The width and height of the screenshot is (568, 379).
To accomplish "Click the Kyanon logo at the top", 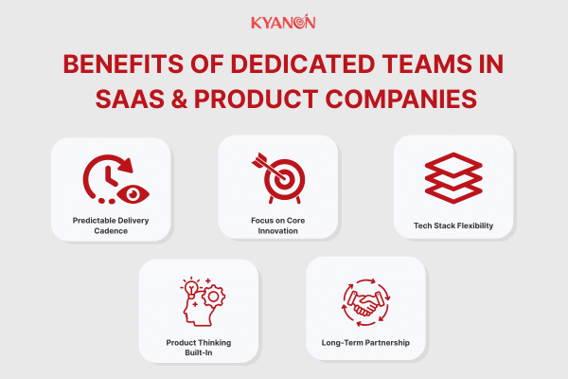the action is click(x=283, y=22).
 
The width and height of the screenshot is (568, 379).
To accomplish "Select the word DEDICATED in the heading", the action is click(x=303, y=64).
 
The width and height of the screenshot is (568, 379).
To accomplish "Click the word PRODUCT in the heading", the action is click(x=257, y=99).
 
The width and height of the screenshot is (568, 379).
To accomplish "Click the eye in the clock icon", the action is click(x=133, y=194).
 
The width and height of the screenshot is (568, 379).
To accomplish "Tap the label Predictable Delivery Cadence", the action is click(x=111, y=226).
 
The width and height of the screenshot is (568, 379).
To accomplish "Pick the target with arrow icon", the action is click(x=278, y=178).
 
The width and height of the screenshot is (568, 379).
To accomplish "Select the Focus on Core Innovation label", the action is click(x=277, y=226).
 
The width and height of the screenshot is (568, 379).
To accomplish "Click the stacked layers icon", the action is click(x=453, y=178).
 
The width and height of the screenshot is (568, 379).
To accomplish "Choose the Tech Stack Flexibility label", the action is click(x=453, y=226).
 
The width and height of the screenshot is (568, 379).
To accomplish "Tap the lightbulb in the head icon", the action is click(x=190, y=288).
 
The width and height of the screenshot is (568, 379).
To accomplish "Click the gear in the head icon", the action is click(x=213, y=297).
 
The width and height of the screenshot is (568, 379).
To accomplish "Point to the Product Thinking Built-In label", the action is click(x=199, y=348).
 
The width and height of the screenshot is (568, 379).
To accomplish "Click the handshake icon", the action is click(x=365, y=303).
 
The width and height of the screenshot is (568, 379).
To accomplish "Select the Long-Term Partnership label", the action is click(x=365, y=343).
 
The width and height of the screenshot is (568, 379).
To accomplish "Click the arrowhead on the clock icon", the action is click(x=126, y=165).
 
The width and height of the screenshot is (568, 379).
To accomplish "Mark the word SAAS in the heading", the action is click(x=130, y=99).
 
